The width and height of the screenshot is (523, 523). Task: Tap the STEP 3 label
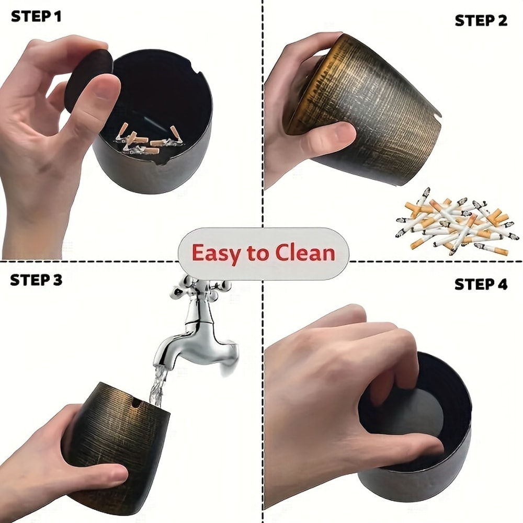click(36, 280)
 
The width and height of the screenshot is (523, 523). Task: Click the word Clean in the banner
click(305, 253)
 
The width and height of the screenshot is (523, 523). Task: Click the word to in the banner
click(257, 254)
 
